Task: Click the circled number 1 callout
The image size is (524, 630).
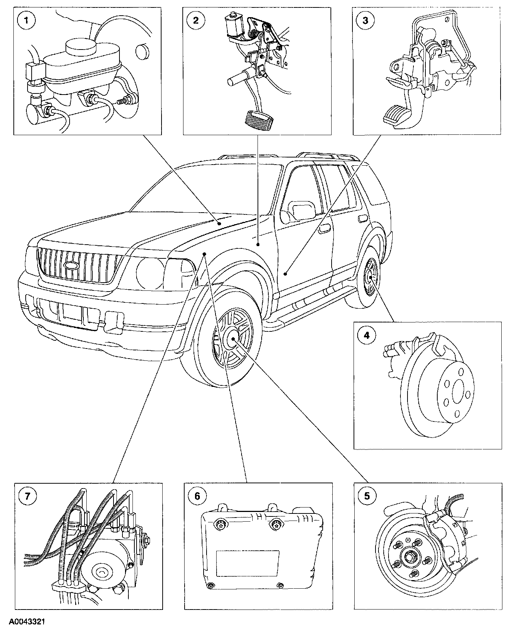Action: tap(25, 20)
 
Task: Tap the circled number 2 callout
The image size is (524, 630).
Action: tap(196, 20)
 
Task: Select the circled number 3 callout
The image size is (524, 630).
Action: tap(365, 20)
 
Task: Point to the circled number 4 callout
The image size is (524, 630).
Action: tap(366, 335)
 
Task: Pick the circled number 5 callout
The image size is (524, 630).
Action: tap(367, 496)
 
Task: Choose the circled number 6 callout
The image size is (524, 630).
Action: tap(197, 496)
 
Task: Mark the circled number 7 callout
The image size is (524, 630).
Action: tap(27, 496)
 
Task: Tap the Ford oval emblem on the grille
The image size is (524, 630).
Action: tap(70, 265)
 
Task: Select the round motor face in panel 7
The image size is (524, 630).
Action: tap(101, 572)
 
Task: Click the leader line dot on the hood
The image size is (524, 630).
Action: tap(220, 223)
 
